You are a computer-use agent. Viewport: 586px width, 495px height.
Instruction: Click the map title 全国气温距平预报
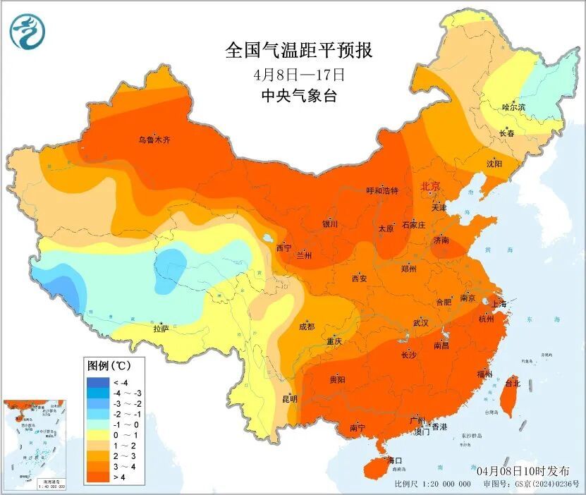tap(298, 51)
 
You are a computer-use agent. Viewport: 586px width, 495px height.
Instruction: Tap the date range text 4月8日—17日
tap(298, 74)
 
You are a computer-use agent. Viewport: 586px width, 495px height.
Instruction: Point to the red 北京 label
tap(430, 186)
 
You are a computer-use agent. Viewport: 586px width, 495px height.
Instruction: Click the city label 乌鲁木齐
tap(154, 140)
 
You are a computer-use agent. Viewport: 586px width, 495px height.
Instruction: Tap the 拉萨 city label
tap(161, 328)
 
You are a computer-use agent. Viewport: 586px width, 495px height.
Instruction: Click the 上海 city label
tap(498, 304)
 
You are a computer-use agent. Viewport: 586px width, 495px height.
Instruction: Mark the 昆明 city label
tap(290, 398)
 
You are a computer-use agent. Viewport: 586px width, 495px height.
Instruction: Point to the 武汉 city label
tap(420, 322)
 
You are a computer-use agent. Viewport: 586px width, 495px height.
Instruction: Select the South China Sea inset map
tap(34, 444)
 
